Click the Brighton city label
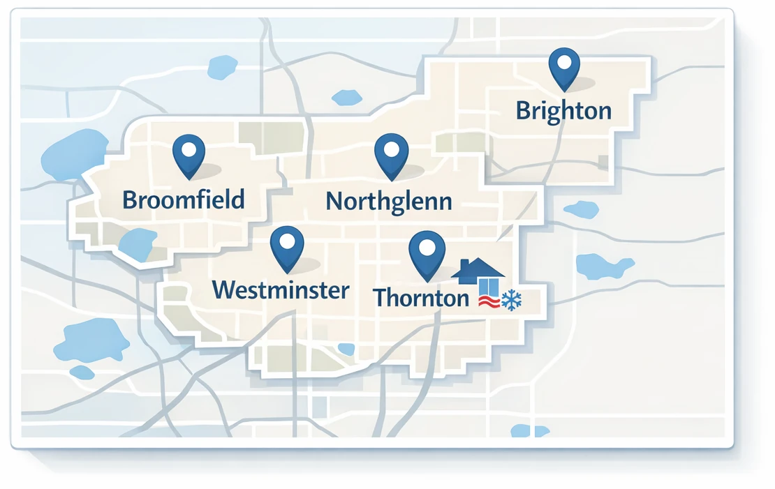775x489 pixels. coord(563,110)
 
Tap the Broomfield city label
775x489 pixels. coord(184,200)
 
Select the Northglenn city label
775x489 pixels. coord(389,201)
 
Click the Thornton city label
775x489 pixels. coord(421,297)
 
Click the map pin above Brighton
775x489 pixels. coord(564,67)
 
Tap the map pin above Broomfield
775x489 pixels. coord(189,154)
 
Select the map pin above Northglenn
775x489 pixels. coord(391,154)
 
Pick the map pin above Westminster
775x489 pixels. coord(287,247)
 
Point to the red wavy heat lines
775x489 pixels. coord(489,301)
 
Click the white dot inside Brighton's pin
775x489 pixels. coord(564,62)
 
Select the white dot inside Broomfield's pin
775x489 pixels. coord(189,149)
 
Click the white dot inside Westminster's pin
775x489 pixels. coord(287,241)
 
